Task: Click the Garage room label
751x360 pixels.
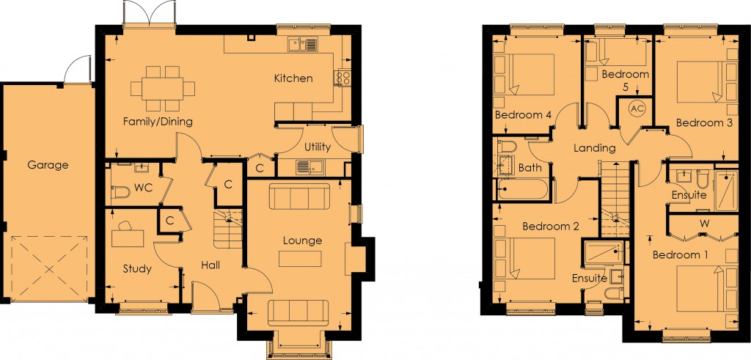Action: pyautogui.click(x=48, y=165)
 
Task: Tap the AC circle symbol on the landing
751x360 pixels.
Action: pyautogui.click(x=637, y=109)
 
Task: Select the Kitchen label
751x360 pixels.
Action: pyautogui.click(x=293, y=78)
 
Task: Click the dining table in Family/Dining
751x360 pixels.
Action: pyautogui.click(x=163, y=89)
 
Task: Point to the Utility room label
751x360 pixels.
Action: pyautogui.click(x=317, y=147)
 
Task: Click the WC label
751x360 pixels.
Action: pyautogui.click(x=143, y=188)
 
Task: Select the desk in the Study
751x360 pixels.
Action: pyautogui.click(x=128, y=238)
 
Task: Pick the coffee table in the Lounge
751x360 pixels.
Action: pyautogui.click(x=300, y=259)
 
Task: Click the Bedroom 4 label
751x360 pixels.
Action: pyautogui.click(x=523, y=115)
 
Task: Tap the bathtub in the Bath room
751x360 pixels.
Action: pyautogui.click(x=522, y=190)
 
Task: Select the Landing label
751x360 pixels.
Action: pyautogui.click(x=594, y=148)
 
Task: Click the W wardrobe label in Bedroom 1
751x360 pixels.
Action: pyautogui.click(x=704, y=224)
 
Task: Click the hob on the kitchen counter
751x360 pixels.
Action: pyautogui.click(x=343, y=78)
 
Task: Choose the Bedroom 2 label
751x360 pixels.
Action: pyautogui.click(x=551, y=226)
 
